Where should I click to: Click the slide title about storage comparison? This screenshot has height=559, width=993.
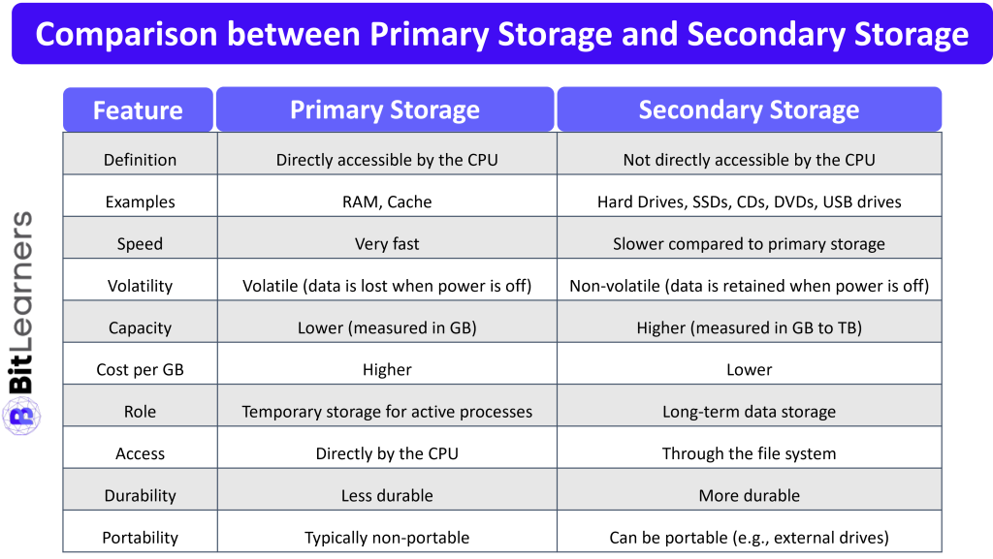click(501, 35)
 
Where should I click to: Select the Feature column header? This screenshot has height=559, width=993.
click(138, 110)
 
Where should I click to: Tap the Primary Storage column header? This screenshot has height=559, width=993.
click(385, 109)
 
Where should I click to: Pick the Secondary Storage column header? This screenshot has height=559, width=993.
click(749, 109)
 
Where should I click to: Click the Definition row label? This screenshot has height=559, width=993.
click(140, 160)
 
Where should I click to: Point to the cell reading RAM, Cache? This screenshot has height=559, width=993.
click(387, 202)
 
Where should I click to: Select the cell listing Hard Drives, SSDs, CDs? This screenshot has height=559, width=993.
click(749, 202)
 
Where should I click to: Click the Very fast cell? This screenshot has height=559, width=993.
click(387, 244)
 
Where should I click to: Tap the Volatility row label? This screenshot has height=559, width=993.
click(140, 286)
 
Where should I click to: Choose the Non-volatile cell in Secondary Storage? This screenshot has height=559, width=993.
click(749, 286)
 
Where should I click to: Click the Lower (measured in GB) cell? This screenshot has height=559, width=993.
click(387, 327)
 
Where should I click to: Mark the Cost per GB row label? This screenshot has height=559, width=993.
click(140, 369)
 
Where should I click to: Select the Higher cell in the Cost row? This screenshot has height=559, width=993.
click(387, 369)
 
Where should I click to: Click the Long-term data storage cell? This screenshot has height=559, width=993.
click(749, 412)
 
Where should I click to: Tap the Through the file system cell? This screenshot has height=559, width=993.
click(749, 453)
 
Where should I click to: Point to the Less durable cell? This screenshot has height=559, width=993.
click(387, 495)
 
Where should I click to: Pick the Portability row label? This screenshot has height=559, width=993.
click(140, 538)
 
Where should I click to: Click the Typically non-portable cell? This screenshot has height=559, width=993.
click(387, 538)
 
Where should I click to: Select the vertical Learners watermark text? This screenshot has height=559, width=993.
click(21, 281)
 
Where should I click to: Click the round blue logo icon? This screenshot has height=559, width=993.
click(21, 415)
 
